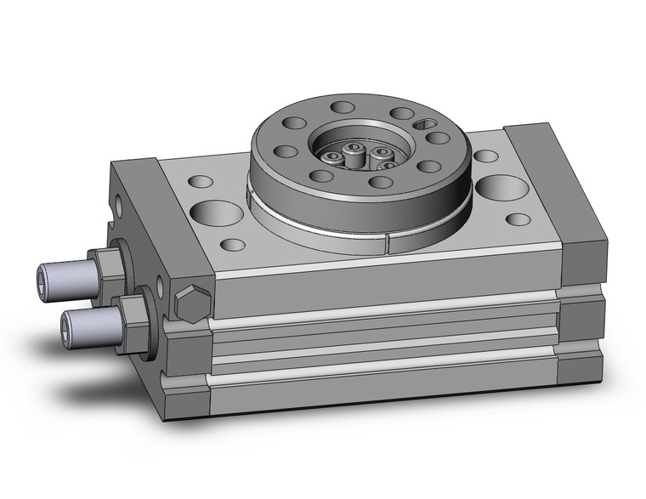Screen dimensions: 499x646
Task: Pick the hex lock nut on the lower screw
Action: [x=133, y=313]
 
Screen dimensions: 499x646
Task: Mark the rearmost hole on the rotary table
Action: [x=343, y=108]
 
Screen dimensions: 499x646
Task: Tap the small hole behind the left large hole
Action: [x=201, y=181]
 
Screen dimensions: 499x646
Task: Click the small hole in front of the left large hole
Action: [x=232, y=245]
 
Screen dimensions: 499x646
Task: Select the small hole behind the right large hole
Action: [x=485, y=156]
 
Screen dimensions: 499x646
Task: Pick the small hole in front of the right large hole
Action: [x=518, y=219]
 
